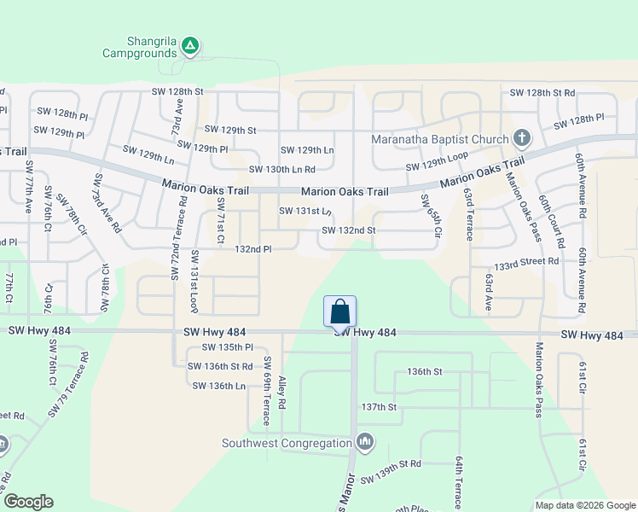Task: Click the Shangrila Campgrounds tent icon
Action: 190,45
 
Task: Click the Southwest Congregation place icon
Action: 365,442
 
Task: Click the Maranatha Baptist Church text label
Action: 440,140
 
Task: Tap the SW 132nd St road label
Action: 348,230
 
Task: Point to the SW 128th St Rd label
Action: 542,92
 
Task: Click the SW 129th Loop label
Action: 438,162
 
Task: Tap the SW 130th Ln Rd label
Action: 281,169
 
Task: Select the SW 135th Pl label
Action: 227,347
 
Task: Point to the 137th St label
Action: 380,408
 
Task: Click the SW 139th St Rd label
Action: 391,463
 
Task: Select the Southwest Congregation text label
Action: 287,443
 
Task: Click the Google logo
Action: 28,502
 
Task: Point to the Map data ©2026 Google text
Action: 585,505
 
